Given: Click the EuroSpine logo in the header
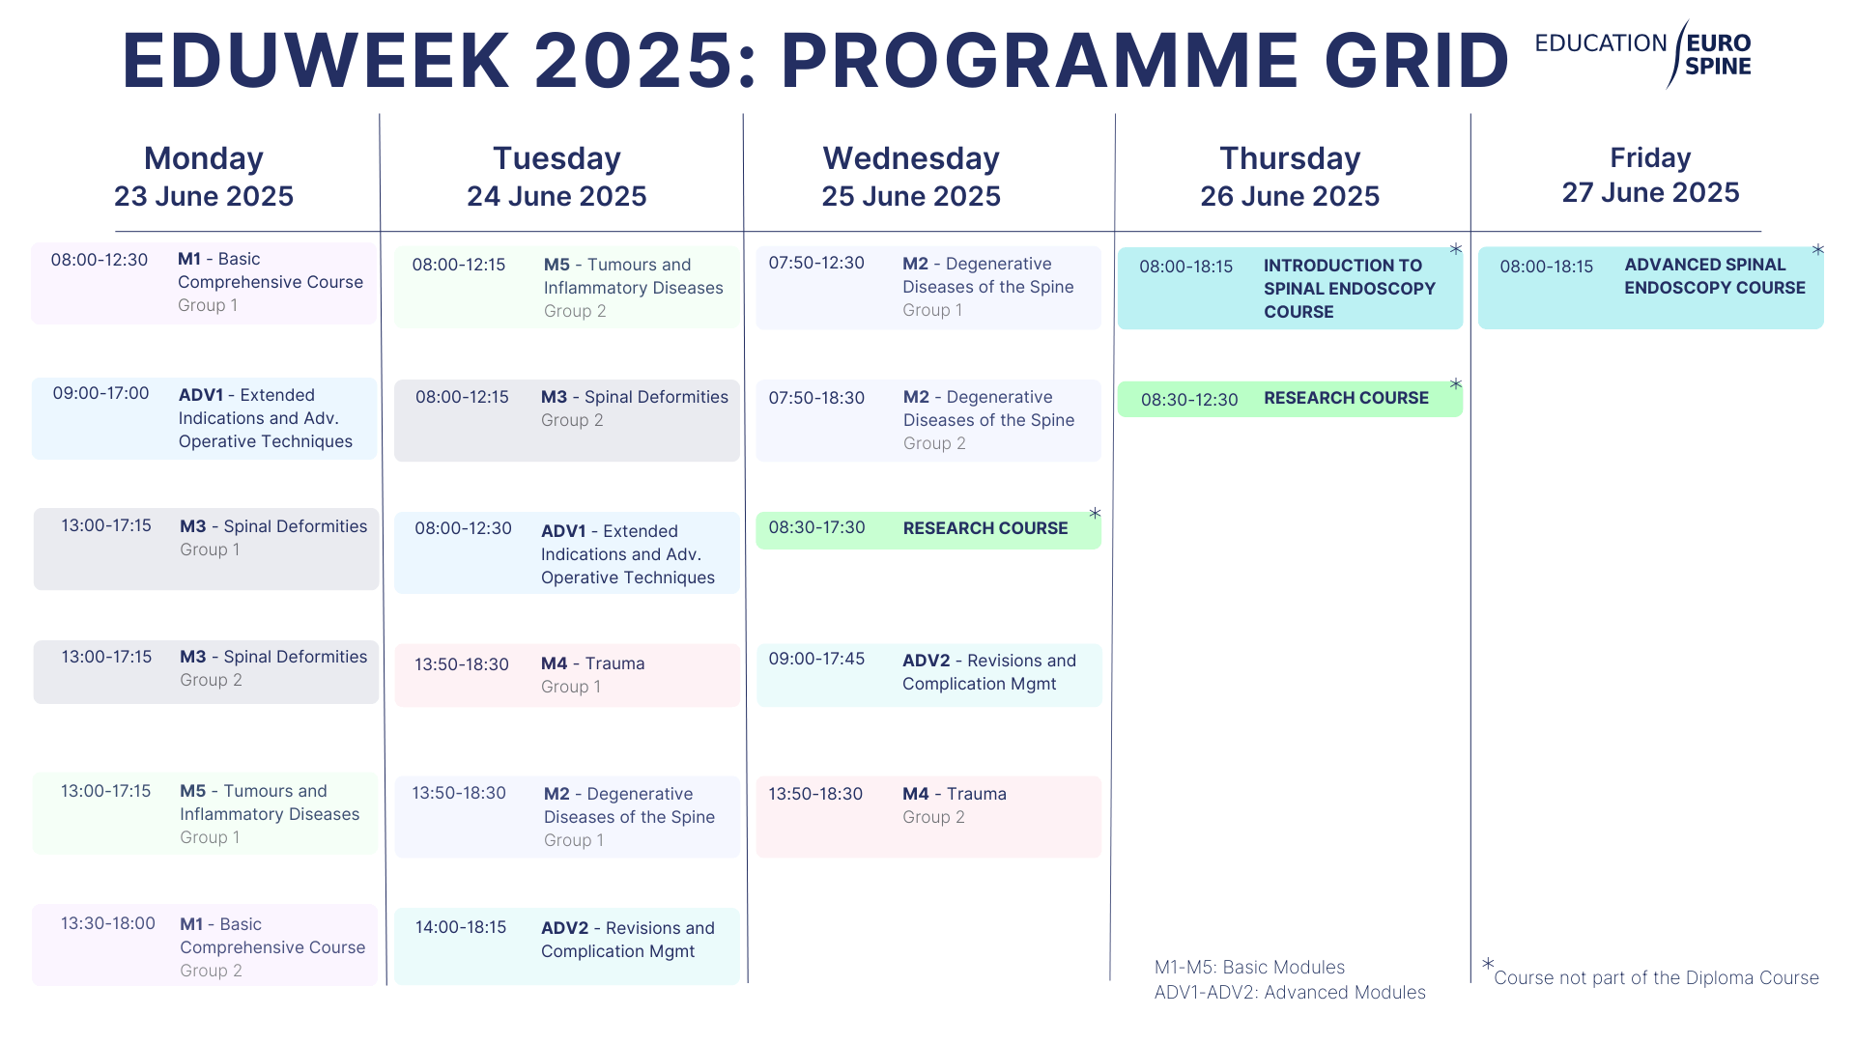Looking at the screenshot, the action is pyautogui.click(x=1642, y=54).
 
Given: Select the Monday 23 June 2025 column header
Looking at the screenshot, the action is pyautogui.click(x=204, y=177).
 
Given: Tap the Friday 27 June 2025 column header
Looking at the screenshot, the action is pyautogui.click(x=1650, y=175).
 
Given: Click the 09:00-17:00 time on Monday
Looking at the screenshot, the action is pyautogui.click(x=100, y=393).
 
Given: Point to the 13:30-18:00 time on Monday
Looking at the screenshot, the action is pyautogui.click(x=108, y=923).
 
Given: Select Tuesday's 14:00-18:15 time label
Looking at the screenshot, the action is pyautogui.click(x=461, y=927).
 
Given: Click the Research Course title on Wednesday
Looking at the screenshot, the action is pyautogui.click(x=985, y=528).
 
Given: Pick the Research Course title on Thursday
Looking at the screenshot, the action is pyautogui.click(x=1346, y=398).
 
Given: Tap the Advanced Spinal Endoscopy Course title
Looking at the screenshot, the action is pyautogui.click(x=1715, y=276).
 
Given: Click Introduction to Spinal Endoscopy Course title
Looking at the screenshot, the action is pyautogui.click(x=1350, y=289).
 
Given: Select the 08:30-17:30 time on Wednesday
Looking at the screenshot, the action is pyautogui.click(x=816, y=527).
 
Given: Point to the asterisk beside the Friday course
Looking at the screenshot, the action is pyautogui.click(x=1817, y=250).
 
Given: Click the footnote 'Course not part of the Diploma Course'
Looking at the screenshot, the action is pyautogui.click(x=1656, y=977).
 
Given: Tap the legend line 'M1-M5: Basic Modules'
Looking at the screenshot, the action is pyautogui.click(x=1249, y=967).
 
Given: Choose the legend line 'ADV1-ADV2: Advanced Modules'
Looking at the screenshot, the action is pyautogui.click(x=1290, y=992).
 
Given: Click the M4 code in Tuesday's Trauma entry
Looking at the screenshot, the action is pyautogui.click(x=555, y=663).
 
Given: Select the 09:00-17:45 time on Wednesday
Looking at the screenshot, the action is pyautogui.click(x=816, y=659).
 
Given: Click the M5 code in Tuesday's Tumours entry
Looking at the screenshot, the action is pyautogui.click(x=556, y=265).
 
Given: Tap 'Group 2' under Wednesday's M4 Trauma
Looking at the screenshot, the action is pyautogui.click(x=933, y=817).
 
